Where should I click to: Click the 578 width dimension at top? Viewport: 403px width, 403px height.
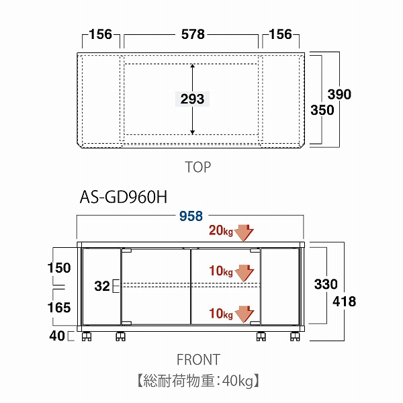(x=192, y=34)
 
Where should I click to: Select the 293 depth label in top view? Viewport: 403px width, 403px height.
(x=192, y=99)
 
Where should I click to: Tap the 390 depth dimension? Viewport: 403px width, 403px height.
(x=340, y=95)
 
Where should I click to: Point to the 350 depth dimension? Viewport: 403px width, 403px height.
(x=322, y=110)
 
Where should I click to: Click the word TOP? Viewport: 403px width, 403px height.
(x=197, y=167)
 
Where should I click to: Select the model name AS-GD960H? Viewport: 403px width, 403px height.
(x=123, y=197)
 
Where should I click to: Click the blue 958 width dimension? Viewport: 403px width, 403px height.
(x=191, y=216)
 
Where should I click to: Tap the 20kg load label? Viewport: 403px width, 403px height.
(x=220, y=232)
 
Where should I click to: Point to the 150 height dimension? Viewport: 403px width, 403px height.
(x=59, y=268)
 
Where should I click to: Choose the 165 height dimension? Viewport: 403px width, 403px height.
(x=59, y=308)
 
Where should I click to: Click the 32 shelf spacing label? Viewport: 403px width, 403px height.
(x=102, y=286)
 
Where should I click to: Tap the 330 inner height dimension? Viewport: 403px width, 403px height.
(x=326, y=285)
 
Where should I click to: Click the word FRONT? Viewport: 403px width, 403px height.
(x=197, y=360)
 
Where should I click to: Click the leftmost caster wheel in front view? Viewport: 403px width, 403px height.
(x=86, y=336)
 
